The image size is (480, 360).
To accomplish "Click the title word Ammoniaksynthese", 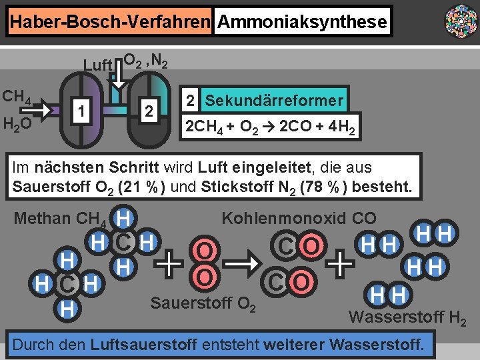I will [302, 22].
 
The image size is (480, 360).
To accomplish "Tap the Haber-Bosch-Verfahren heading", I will [110, 22].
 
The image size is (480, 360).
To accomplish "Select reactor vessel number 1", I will [81, 110].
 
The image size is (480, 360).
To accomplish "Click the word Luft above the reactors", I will [97, 65].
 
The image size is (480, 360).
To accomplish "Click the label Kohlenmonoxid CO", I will [299, 218].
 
